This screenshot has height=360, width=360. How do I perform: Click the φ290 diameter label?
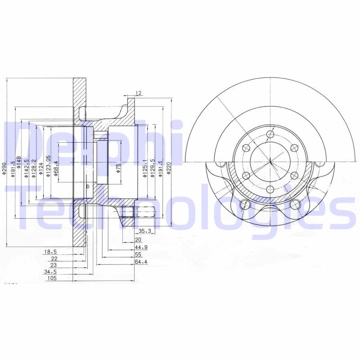pyautogui.click(x=4, y=170)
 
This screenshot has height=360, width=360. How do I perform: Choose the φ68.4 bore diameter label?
pyautogui.click(x=56, y=169)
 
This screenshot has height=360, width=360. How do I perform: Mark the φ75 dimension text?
pyautogui.click(x=118, y=168)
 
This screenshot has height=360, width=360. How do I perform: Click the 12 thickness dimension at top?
pyautogui.click(x=139, y=93)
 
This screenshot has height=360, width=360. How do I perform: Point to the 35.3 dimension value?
pyautogui.click(x=144, y=231)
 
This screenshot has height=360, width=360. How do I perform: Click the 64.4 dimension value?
pyautogui.click(x=141, y=261)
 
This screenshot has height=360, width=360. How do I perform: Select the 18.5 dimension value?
pyautogui.click(x=50, y=252)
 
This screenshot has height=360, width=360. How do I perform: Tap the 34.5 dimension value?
pyautogui.click(x=50, y=272)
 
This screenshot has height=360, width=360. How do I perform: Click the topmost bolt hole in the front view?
pyautogui.click(x=270, y=134)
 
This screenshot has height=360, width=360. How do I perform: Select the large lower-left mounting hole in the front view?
pyautogui.click(x=245, y=205)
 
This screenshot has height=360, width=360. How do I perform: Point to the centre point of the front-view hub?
pyautogui.click(x=270, y=162)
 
